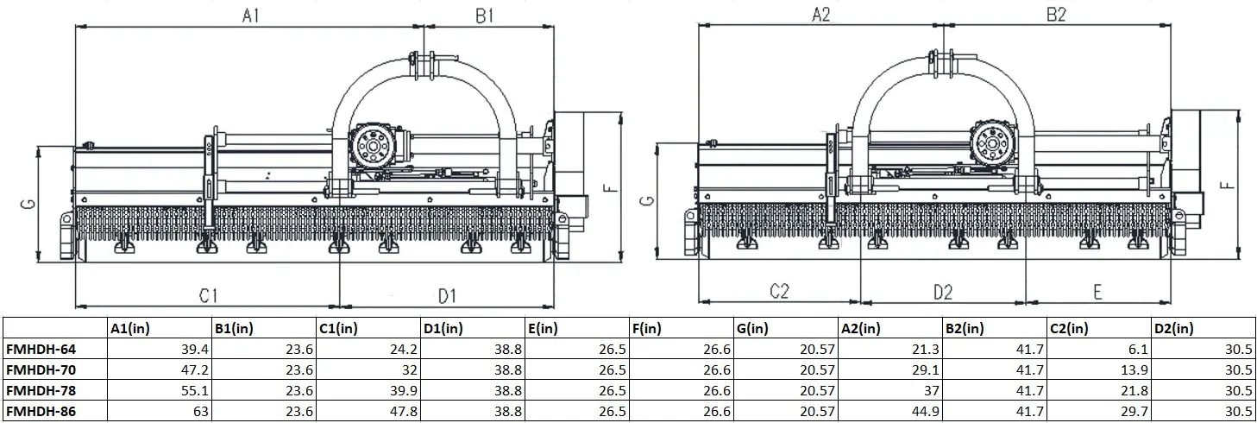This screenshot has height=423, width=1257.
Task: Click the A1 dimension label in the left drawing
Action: coord(251,16)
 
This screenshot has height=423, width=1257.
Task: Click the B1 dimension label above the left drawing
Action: coord(484,16)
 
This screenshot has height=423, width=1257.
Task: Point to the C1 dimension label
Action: coord(207,296)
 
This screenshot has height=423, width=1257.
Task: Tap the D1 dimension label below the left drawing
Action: coord(445,296)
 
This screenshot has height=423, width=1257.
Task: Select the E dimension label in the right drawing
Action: coord(1097,293)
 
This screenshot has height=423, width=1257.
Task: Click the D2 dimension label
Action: coord(942,293)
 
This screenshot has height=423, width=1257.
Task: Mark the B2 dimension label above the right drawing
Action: coord(1057,15)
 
